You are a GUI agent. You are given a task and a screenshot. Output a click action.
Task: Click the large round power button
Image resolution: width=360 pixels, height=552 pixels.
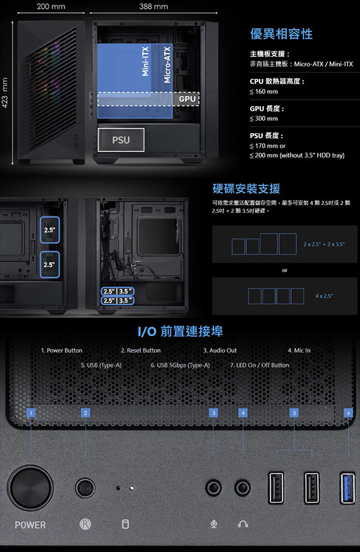click(x=30, y=488)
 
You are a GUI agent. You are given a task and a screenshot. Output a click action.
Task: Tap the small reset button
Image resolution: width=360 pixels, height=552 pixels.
click(x=85, y=488)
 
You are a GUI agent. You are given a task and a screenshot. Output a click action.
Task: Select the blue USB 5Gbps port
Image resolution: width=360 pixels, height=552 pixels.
click(x=347, y=488)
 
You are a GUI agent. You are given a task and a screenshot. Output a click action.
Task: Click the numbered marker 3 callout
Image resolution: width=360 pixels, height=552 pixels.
click(x=213, y=412)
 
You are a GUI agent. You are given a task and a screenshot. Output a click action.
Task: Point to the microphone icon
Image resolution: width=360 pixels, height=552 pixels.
click(x=213, y=524)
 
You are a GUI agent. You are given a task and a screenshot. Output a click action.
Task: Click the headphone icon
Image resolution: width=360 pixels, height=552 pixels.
click(x=243, y=524)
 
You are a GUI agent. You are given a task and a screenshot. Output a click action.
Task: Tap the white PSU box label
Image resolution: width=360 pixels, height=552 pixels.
click(x=121, y=140)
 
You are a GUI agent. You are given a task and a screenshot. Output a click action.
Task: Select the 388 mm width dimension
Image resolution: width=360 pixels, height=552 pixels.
click(x=153, y=6)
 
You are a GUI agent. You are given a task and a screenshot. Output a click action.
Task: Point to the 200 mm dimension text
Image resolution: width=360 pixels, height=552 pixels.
click(x=51, y=6)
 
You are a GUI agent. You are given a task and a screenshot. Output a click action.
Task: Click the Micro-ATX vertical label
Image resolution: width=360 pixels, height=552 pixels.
click(x=167, y=65)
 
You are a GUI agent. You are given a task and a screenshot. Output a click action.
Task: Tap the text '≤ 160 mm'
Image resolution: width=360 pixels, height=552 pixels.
click(x=264, y=92)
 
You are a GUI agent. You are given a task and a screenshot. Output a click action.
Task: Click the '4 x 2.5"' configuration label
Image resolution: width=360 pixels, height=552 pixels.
click(x=324, y=296)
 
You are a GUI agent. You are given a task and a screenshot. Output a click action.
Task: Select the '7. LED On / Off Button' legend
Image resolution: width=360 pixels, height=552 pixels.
click(x=260, y=365)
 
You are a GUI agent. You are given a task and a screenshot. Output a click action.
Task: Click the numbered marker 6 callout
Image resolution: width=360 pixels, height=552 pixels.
click(x=349, y=412)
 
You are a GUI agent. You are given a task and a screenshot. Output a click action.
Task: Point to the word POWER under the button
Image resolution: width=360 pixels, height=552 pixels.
click(x=30, y=525)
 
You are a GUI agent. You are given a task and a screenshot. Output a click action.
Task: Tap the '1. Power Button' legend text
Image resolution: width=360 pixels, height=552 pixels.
click(x=62, y=351)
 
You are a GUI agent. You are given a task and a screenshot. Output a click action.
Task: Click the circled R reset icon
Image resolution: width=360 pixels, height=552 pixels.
click(x=85, y=524)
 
